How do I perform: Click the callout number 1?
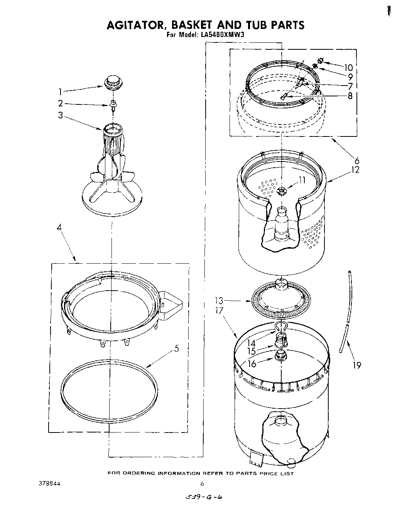click(60, 92)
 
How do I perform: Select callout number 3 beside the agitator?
click(60, 115)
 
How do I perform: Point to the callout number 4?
click(59, 227)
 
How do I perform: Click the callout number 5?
click(176, 348)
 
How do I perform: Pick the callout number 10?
click(348, 68)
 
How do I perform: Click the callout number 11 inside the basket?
click(302, 180)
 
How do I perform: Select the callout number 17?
click(220, 310)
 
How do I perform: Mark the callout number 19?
click(357, 365)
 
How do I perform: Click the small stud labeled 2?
click(113, 104)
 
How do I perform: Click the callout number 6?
click(357, 161)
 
